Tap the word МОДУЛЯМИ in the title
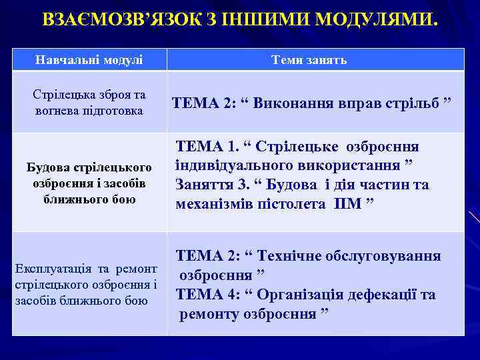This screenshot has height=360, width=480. click(x=377, y=19)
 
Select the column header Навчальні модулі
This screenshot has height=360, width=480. click(x=89, y=60)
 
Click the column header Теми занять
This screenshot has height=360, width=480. click(x=309, y=60)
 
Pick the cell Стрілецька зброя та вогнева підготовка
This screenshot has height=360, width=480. click(x=89, y=103)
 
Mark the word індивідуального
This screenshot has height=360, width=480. click(x=227, y=165)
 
